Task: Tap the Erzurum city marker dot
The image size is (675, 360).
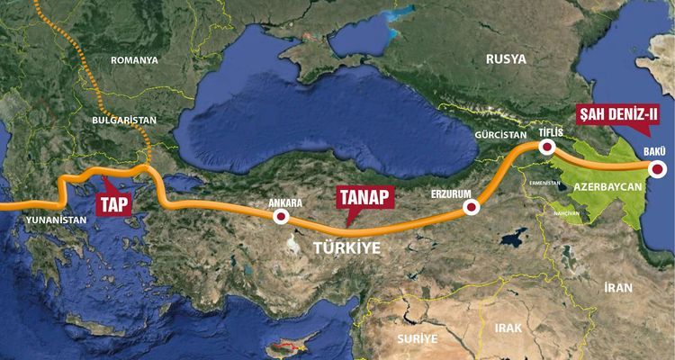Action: [x=470, y=208]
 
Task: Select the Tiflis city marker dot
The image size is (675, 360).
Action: [x=544, y=148]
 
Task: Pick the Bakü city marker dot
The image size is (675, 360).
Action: [x=658, y=168]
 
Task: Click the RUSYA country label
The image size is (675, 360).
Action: [x=506, y=58]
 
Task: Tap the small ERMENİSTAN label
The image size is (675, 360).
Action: [x=544, y=183]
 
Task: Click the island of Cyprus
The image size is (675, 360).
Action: [x=287, y=345]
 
